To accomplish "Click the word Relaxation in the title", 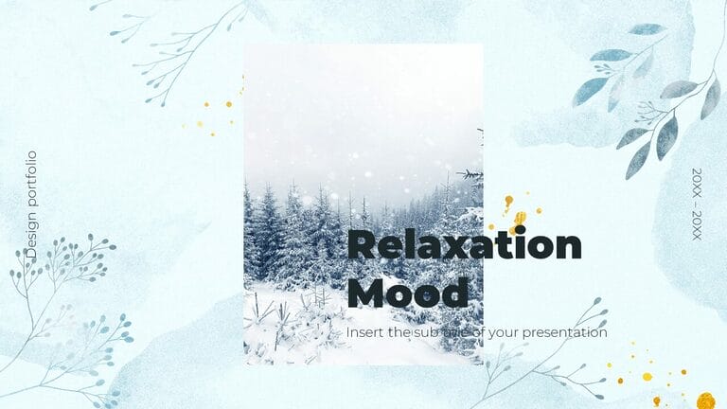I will point(464,246).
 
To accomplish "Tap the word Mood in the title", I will point(407,292).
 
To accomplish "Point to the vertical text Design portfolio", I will point(31,204).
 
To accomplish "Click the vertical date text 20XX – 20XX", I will point(697,204).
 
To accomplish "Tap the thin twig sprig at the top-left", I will point(175,47).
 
